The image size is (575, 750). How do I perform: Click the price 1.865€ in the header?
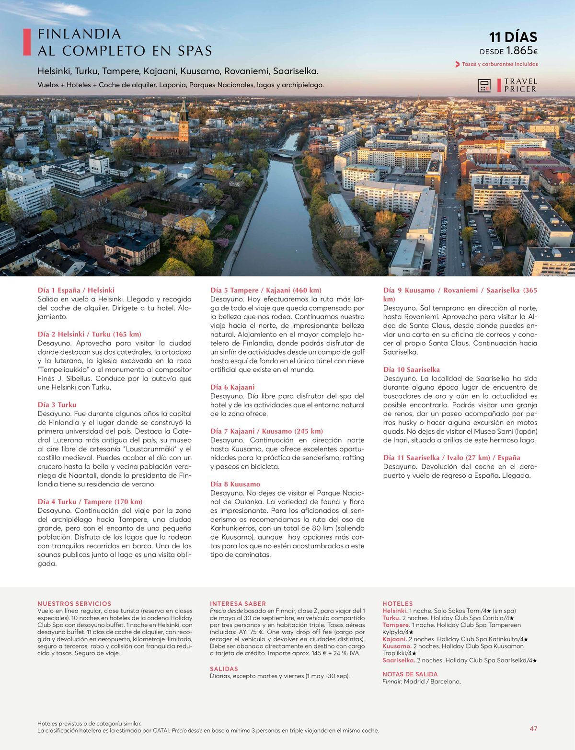click(522, 51)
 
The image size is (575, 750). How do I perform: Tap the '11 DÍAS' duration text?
click(513, 37)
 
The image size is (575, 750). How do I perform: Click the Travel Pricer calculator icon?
click(484, 85)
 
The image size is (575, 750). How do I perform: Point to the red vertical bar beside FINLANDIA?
click(27, 42)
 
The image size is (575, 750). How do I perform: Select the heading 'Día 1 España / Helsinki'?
click(76, 290)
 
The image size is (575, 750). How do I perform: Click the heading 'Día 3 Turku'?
click(57, 404)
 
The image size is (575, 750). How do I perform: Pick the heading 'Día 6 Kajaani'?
click(232, 387)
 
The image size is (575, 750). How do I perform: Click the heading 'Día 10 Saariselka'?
click(412, 369)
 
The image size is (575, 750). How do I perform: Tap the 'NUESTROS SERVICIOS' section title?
click(74, 603)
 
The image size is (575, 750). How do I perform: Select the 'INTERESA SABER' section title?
click(238, 603)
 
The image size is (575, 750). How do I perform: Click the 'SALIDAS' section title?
click(224, 669)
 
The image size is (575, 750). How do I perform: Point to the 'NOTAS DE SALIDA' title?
click(410, 674)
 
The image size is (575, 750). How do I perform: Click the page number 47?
click(533, 728)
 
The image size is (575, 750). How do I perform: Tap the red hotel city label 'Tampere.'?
click(396, 625)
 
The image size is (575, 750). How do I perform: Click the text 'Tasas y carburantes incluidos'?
click(500, 64)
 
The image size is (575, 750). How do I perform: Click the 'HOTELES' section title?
click(397, 603)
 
